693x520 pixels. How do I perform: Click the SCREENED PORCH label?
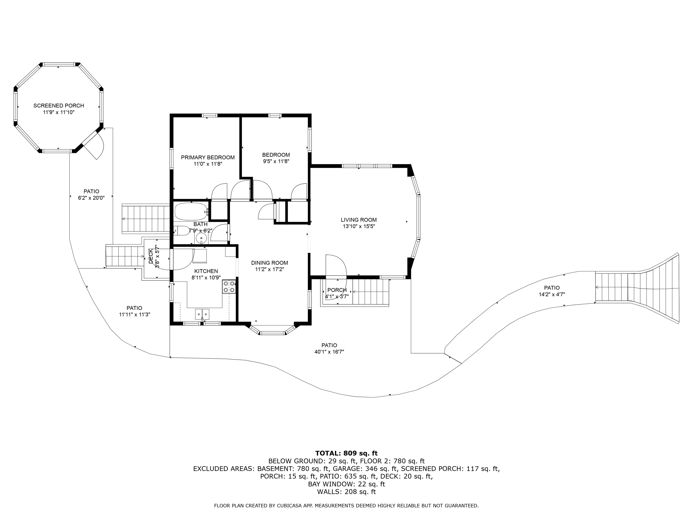[59, 106]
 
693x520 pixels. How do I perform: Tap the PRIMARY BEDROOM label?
[208, 157]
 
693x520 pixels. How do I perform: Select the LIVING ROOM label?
[359, 220]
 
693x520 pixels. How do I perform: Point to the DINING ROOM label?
[269, 263]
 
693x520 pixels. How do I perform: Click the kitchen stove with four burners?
[229, 287]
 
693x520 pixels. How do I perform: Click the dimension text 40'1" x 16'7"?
[329, 352]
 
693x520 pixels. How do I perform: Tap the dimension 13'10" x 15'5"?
[359, 226]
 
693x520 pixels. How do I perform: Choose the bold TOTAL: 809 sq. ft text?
[346, 453]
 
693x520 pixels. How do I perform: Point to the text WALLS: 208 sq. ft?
[346, 492]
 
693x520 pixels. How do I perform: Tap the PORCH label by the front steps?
[337, 290]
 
